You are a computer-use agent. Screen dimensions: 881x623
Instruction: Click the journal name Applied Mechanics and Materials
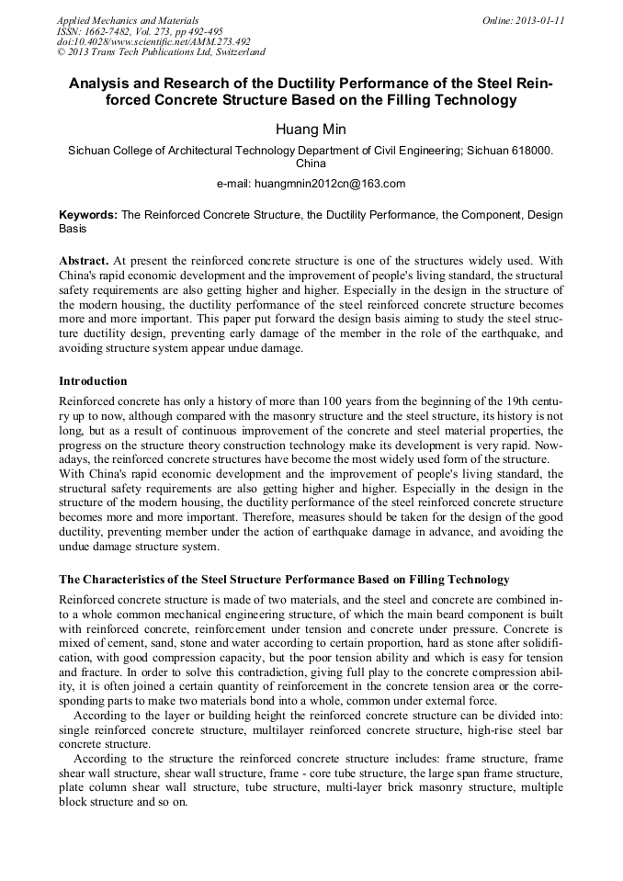tap(127, 20)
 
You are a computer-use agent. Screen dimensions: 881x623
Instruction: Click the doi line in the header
tap(153, 41)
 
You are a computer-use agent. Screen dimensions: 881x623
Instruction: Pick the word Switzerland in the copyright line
tap(235, 52)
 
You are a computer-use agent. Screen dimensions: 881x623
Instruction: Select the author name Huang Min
tap(311, 129)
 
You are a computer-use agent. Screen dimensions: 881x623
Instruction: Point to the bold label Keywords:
tap(88, 214)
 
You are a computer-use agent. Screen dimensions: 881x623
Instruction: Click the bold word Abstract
tap(84, 260)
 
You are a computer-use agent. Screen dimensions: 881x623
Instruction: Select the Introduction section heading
tap(93, 380)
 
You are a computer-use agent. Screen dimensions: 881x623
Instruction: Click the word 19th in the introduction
tap(504, 402)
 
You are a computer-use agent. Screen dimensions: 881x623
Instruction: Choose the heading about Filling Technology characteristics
tap(284, 580)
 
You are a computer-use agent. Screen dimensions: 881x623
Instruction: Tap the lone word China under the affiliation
tap(311, 164)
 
